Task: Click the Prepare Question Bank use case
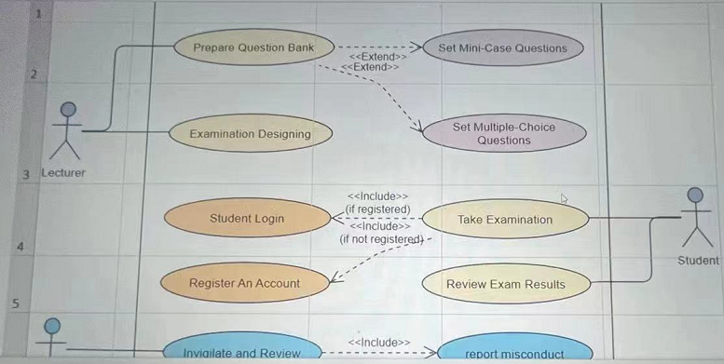tap(253, 47)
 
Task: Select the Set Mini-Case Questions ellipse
tap(495, 47)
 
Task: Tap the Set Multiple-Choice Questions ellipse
tap(504, 133)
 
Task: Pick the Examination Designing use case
tap(250, 133)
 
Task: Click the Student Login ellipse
tap(247, 219)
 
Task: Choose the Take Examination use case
tap(505, 220)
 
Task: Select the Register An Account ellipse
tap(244, 282)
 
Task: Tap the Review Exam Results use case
tap(505, 283)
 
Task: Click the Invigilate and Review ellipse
tap(241, 352)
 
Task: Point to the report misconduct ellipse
tap(513, 352)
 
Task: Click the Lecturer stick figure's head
tap(67, 110)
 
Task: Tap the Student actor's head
tap(694, 195)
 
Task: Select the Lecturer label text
tap(63, 173)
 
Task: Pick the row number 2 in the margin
tap(32, 73)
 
